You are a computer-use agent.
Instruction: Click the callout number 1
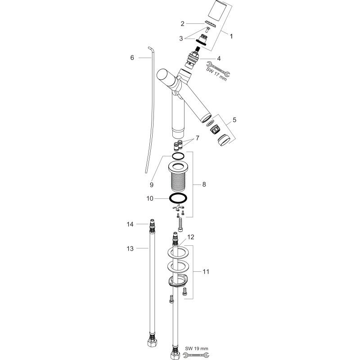[231, 36]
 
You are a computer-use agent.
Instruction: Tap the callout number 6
[132, 58]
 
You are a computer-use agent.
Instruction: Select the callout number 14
[130, 224]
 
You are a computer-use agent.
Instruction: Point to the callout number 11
[206, 272]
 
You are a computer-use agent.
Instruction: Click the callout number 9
[152, 185]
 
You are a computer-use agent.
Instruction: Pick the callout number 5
[234, 120]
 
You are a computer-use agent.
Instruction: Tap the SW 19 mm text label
[197, 348]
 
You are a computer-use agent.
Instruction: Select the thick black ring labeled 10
[178, 198]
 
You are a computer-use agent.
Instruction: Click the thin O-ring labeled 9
[178, 156]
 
